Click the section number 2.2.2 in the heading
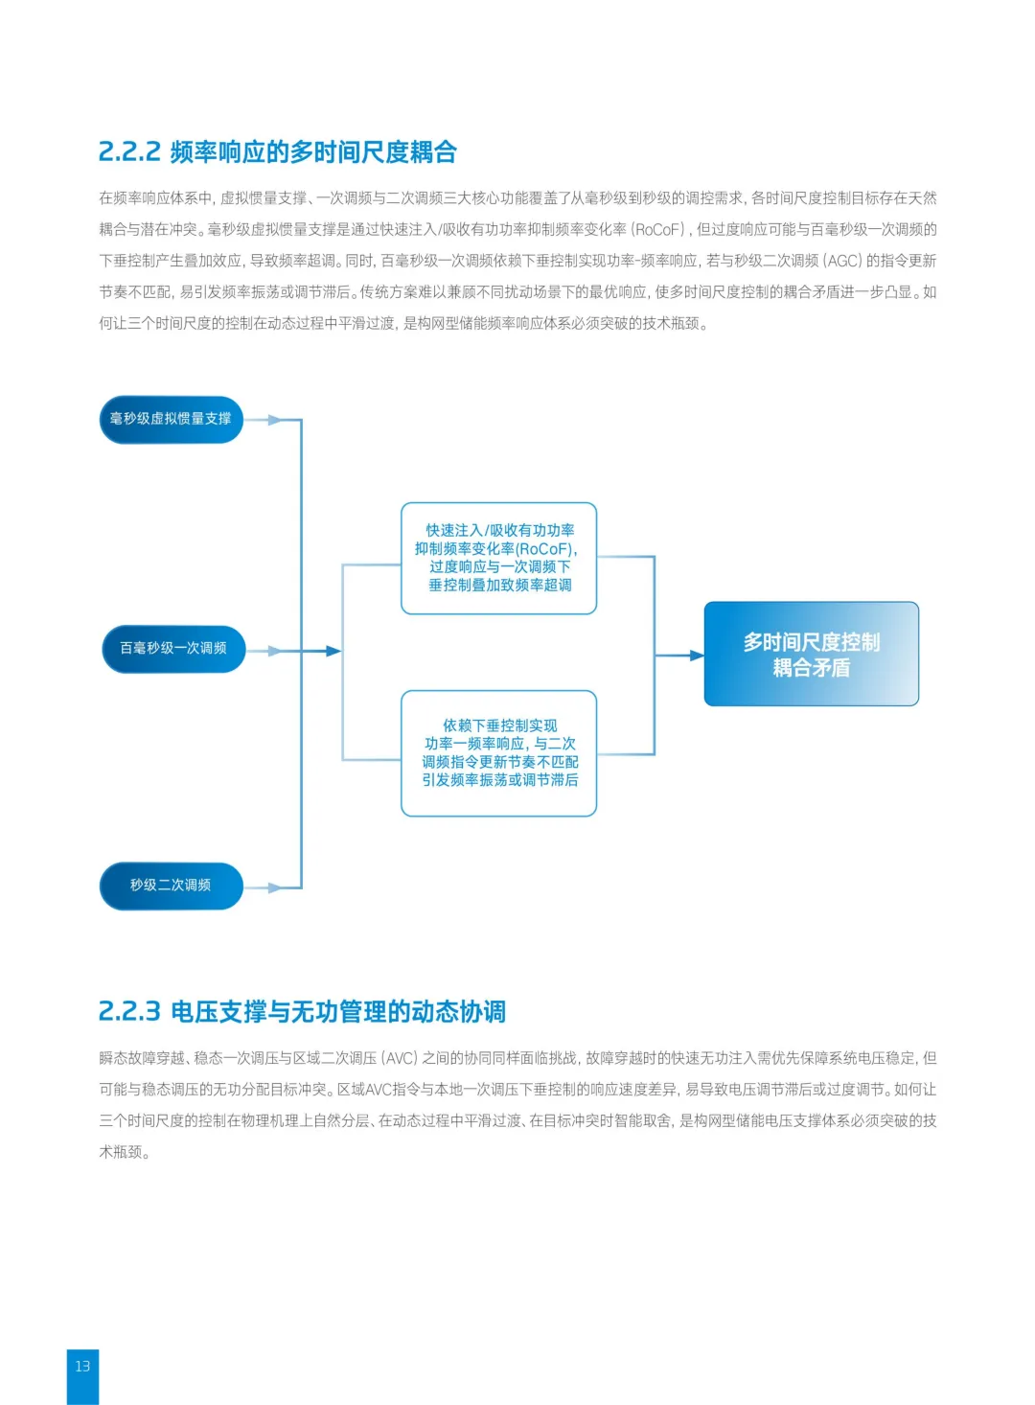coord(128,151)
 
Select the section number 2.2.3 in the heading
coord(128,1011)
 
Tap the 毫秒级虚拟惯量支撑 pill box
coord(171,419)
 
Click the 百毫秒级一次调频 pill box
coord(173,648)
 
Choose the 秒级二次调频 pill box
coord(171,885)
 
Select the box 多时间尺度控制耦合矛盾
coord(811,654)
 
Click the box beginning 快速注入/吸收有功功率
coord(498,558)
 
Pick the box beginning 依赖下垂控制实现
coord(498,753)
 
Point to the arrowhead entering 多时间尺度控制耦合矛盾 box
coord(697,656)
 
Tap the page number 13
coord(82,1366)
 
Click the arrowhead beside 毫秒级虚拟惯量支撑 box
coord(274,420)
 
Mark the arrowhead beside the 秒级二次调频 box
coord(274,888)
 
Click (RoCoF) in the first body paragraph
coord(658,230)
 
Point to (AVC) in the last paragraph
coord(400,1058)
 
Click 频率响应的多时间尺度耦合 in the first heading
coord(313,151)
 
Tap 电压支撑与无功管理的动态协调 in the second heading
coord(338,1011)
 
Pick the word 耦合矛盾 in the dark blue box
coord(811,668)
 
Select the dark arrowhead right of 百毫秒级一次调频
coord(333,651)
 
